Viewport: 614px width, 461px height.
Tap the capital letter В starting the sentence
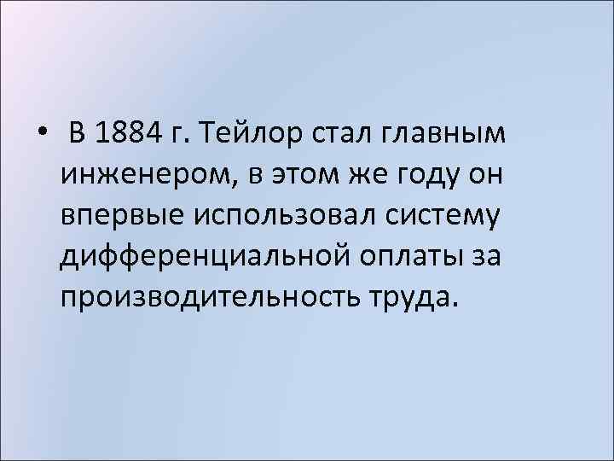point(78,134)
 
